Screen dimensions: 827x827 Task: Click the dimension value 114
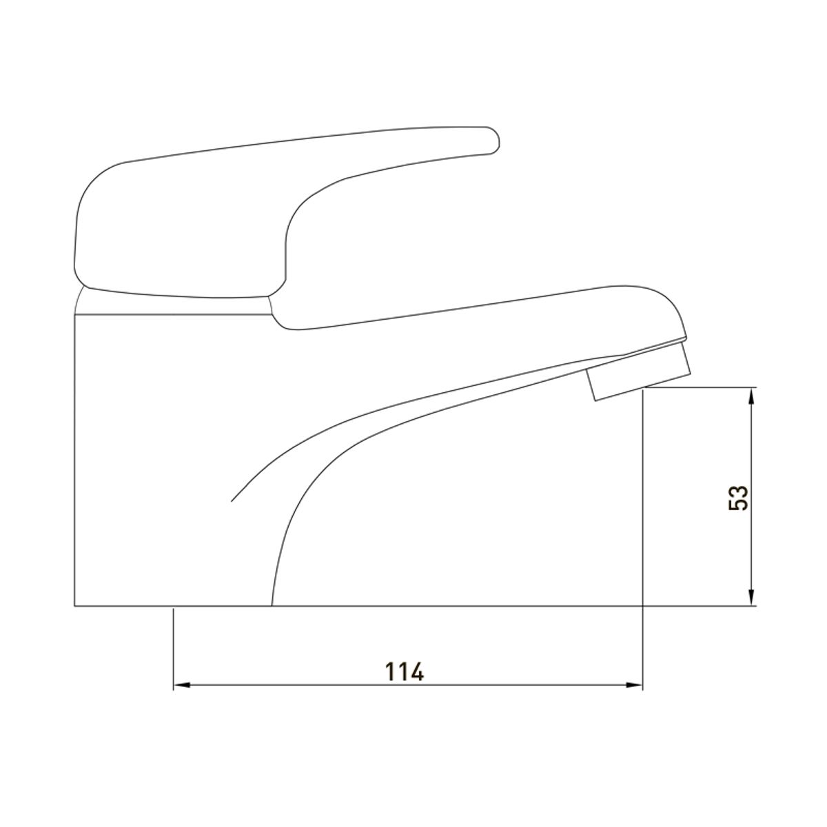(405, 672)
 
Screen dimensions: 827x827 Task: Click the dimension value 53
(738, 498)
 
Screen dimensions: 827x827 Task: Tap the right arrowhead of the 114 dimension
(634, 697)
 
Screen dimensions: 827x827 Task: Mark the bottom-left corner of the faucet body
(74, 606)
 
